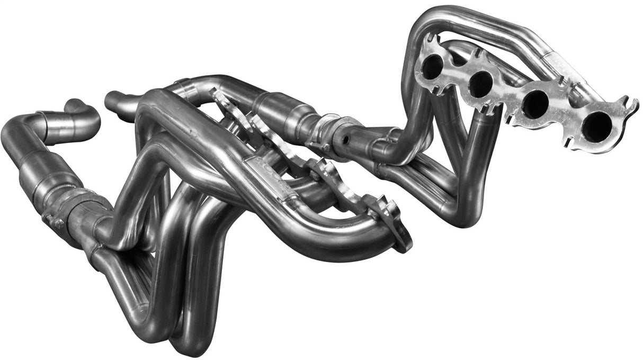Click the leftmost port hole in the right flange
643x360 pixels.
coord(432,66)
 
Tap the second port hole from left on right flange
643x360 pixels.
coord(480,83)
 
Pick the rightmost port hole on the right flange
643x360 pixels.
coord(597,127)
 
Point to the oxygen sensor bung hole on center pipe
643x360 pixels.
coord(345,141)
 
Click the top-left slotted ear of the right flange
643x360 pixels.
coord(432,40)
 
